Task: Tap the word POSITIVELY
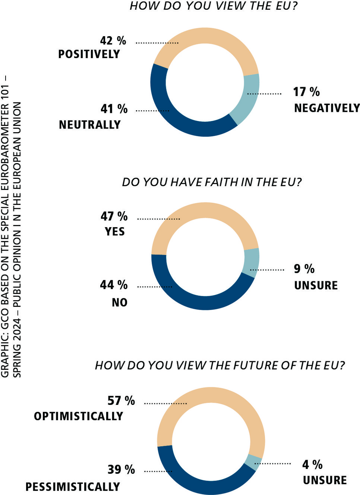89,54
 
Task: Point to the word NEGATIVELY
327,108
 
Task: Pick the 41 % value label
114,109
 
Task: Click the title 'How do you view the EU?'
214,6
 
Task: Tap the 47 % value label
114,216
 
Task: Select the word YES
115,232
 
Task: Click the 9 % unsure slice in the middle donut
251,263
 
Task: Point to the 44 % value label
114,285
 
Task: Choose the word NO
120,302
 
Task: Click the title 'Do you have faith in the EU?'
212,182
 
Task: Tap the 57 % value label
121,400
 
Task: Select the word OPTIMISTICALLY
79,416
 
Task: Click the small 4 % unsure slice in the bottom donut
253,462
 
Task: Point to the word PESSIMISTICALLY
73,486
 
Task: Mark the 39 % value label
121,469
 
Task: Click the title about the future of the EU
220,365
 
